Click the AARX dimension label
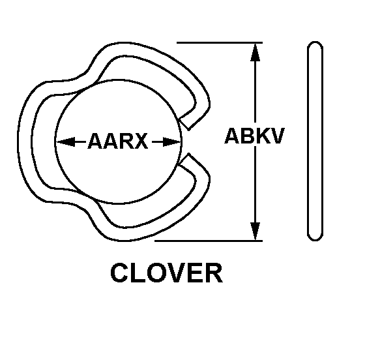tap(117, 141)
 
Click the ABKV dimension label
tap(254, 136)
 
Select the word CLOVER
tap(166, 273)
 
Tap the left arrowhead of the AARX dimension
tap(65, 142)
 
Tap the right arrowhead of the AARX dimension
tap(172, 142)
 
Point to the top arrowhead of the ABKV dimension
tap(256, 52)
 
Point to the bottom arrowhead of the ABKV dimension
tap(256, 232)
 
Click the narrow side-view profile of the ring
tap(315, 142)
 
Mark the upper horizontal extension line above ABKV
tap(220, 42)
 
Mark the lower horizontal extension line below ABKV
tap(209, 241)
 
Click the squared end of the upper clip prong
tap(184, 124)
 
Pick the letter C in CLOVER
tap(119, 273)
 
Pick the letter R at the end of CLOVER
tap(214, 273)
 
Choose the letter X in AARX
tap(141, 141)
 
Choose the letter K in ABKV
tap(262, 136)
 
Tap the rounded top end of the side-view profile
tap(315, 45)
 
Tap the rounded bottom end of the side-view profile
tap(315, 237)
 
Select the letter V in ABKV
tap(277, 136)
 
